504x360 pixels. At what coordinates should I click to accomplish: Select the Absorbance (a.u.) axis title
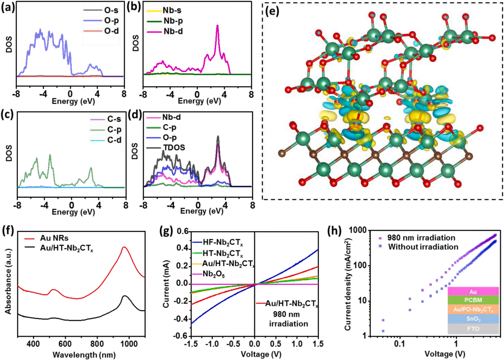point(7,285)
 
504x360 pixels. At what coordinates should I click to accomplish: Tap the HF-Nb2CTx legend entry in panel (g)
point(223,243)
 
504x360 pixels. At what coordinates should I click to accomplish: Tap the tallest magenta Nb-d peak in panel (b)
point(217,26)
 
